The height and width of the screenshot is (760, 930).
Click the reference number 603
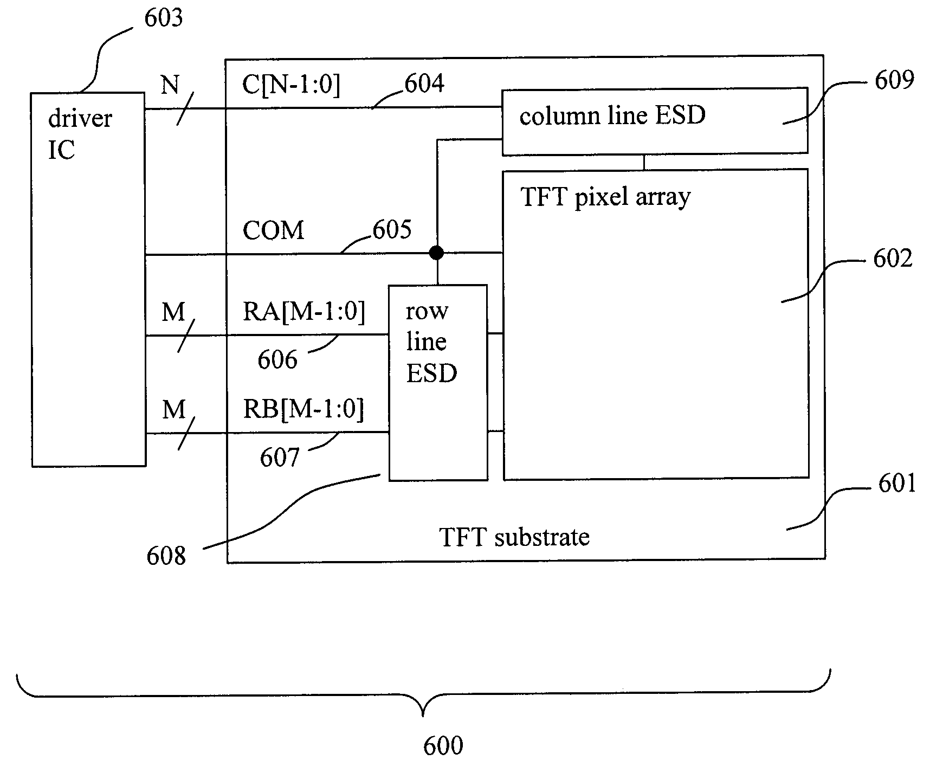click(163, 18)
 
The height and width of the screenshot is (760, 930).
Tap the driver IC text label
click(80, 134)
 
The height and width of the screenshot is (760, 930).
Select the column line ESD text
click(612, 115)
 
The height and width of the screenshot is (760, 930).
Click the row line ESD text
click(431, 342)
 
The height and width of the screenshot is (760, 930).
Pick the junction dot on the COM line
click(436, 253)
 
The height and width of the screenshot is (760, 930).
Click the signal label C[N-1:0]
click(291, 85)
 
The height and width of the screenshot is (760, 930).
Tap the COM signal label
click(273, 230)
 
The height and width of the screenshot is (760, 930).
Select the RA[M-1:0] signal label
click(303, 312)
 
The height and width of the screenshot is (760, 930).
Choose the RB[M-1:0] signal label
click(303, 409)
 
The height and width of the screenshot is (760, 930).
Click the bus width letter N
click(170, 85)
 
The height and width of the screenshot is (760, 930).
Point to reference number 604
click(424, 84)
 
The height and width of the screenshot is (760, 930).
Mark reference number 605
click(392, 230)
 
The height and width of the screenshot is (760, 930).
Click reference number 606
click(277, 360)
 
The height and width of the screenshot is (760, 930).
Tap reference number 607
click(280, 458)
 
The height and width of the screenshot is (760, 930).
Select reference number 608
click(166, 556)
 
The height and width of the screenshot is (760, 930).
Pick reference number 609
click(894, 80)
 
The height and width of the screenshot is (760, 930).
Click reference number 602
click(893, 259)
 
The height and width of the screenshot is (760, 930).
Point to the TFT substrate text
click(514, 537)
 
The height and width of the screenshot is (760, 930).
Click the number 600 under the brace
click(443, 746)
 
